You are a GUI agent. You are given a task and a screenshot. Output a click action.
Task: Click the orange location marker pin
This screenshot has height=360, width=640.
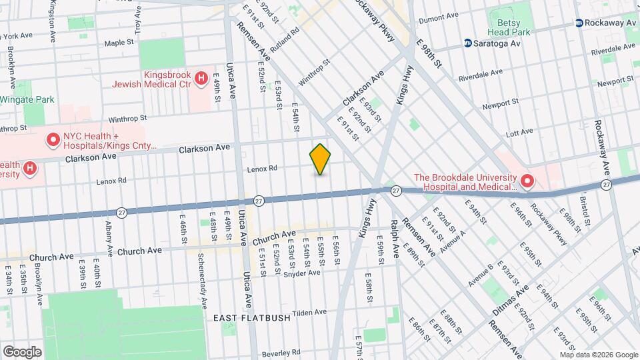(x=320, y=159)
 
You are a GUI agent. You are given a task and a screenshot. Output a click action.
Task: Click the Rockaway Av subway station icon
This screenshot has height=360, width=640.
(x=581, y=23)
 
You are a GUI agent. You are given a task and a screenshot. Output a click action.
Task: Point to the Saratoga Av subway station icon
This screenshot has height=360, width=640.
(x=469, y=44)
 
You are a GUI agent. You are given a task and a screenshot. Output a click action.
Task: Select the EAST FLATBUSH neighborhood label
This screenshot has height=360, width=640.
(x=252, y=318)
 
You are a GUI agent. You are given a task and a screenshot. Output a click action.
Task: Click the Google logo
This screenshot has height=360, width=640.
(x=22, y=351)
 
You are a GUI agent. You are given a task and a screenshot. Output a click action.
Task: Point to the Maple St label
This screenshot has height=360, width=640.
(x=119, y=42)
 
